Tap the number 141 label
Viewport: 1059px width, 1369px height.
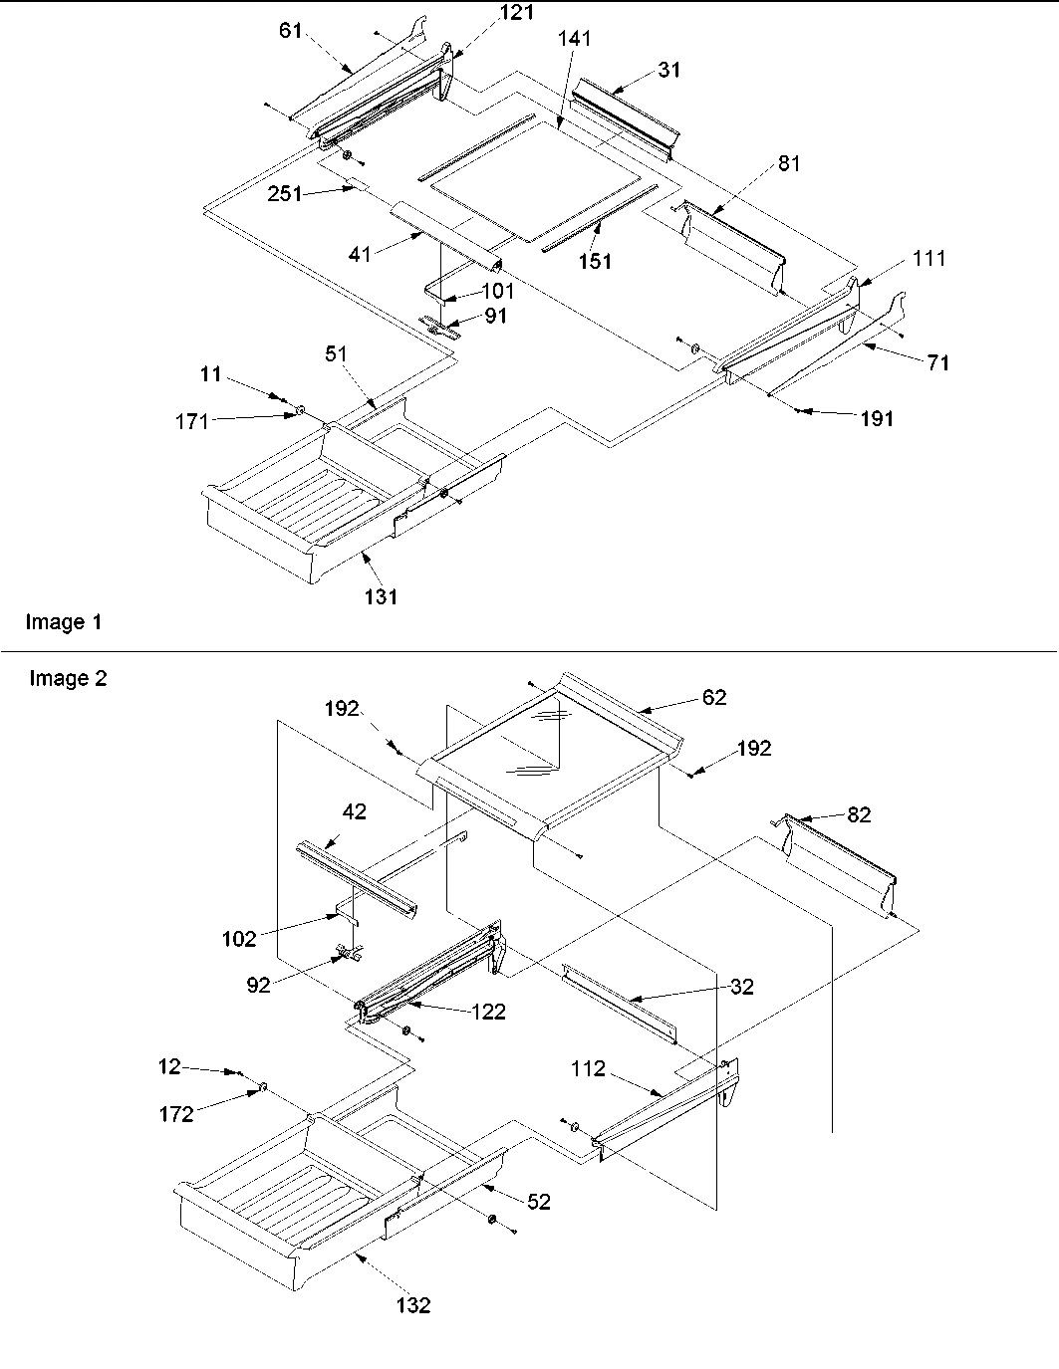pos(575,39)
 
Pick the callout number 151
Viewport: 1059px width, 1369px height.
pos(595,262)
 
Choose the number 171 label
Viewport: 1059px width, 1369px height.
pos(190,421)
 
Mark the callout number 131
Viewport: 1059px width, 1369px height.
pos(382,596)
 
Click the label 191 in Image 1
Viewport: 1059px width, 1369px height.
pos(877,419)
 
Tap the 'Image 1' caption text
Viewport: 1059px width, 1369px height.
pos(64,622)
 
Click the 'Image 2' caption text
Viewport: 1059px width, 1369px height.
pos(68,679)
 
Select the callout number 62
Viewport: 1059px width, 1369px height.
pos(714,697)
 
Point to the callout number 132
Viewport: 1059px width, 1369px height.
pos(412,1305)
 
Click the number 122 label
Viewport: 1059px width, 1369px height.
pos(489,1013)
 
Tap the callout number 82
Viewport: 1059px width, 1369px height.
pos(858,814)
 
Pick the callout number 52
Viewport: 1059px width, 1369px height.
pos(539,1202)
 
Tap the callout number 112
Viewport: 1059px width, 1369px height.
pos(589,1068)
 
